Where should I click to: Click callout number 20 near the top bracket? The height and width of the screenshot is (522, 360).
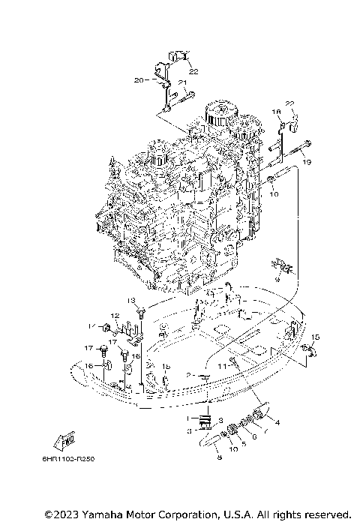(138, 79)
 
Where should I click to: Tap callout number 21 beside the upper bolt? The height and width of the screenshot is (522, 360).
(181, 82)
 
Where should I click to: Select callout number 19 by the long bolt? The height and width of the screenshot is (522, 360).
(307, 162)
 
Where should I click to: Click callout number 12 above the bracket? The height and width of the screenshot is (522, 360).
(115, 315)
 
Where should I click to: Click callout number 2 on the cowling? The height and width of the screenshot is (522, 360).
(191, 374)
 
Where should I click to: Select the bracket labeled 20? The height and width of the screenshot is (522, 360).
(161, 79)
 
